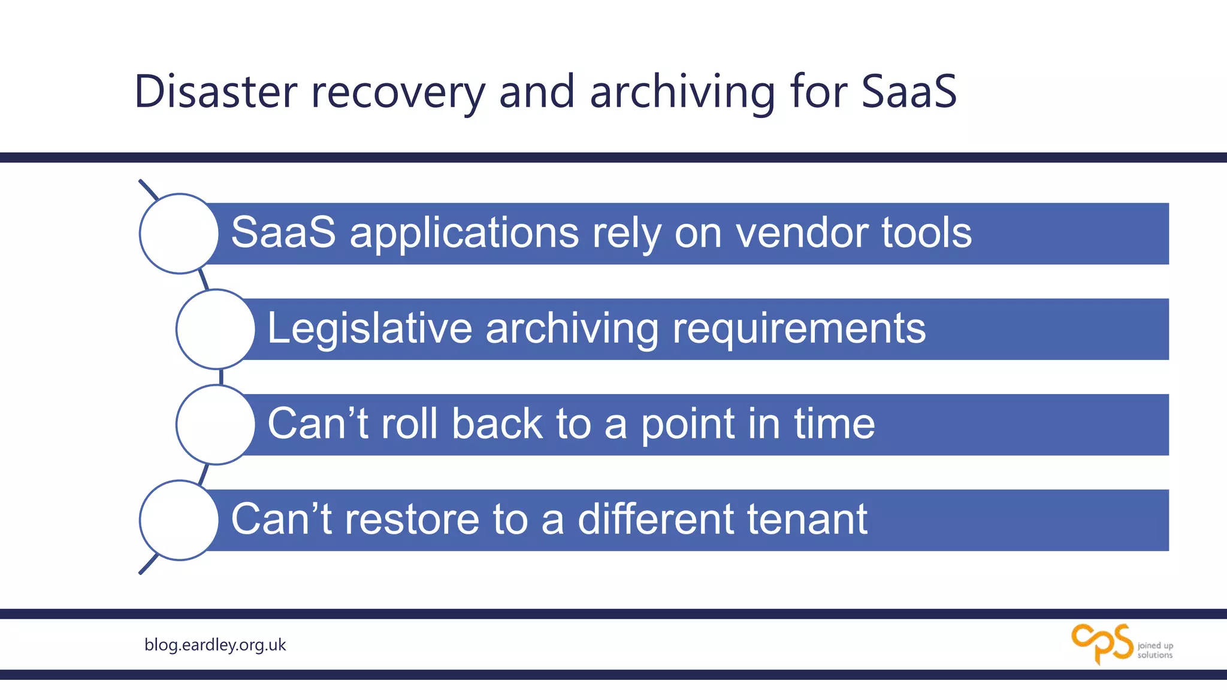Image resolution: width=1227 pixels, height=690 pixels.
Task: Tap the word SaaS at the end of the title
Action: (909, 92)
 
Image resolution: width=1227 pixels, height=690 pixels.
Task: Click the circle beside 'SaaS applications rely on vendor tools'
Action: (179, 234)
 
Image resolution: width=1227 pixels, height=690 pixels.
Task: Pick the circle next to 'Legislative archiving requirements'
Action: (215, 329)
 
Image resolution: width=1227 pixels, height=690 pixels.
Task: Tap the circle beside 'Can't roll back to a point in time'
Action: (215, 425)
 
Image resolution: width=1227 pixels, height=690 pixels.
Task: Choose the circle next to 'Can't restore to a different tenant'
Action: (179, 520)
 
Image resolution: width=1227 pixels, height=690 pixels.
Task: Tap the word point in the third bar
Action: (687, 424)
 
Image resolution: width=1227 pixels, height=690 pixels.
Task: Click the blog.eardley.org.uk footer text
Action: (215, 644)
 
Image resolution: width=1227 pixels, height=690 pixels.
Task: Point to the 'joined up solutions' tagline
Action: (1155, 650)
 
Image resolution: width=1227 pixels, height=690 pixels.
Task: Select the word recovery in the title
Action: (398, 92)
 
